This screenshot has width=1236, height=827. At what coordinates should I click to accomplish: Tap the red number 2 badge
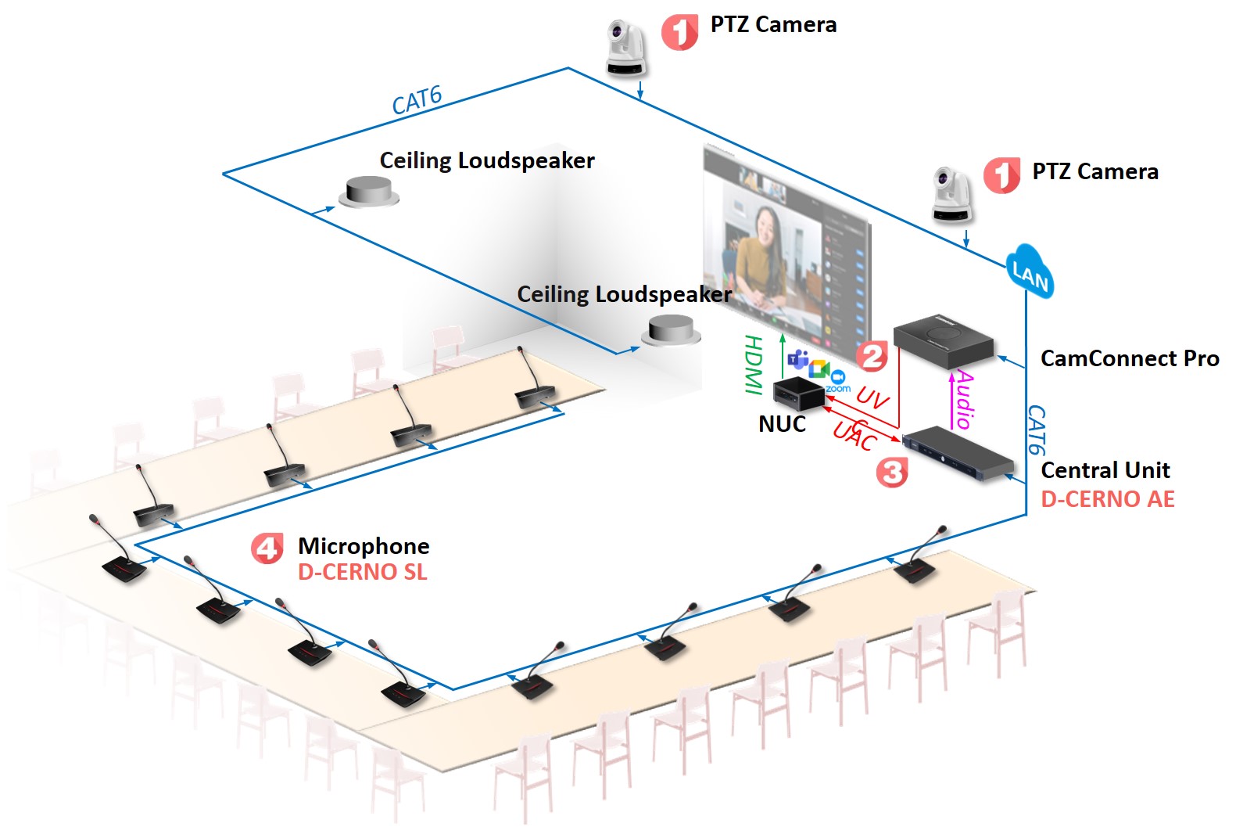click(872, 356)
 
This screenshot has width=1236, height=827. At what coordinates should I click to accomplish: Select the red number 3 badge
click(892, 472)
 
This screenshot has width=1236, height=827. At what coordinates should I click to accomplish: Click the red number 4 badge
click(267, 548)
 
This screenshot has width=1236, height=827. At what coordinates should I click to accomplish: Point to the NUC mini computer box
click(798, 391)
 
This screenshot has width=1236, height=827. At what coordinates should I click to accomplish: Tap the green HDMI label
click(753, 364)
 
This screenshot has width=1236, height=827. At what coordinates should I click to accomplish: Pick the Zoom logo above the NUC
click(838, 380)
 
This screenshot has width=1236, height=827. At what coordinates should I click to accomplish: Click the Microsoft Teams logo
click(797, 360)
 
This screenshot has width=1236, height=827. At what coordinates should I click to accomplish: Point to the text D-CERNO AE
click(1107, 499)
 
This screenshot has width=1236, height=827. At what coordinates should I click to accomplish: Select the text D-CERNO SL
click(363, 572)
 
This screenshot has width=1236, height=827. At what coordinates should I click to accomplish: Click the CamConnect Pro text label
click(1129, 358)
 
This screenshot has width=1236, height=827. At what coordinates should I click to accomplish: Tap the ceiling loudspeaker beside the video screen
click(671, 330)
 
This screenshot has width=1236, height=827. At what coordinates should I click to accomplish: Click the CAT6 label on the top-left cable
click(417, 100)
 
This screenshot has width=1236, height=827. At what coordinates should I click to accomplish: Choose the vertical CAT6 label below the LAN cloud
click(1035, 430)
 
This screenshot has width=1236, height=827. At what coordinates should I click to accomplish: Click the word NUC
click(782, 424)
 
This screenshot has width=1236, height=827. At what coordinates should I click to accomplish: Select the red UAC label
click(854, 434)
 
